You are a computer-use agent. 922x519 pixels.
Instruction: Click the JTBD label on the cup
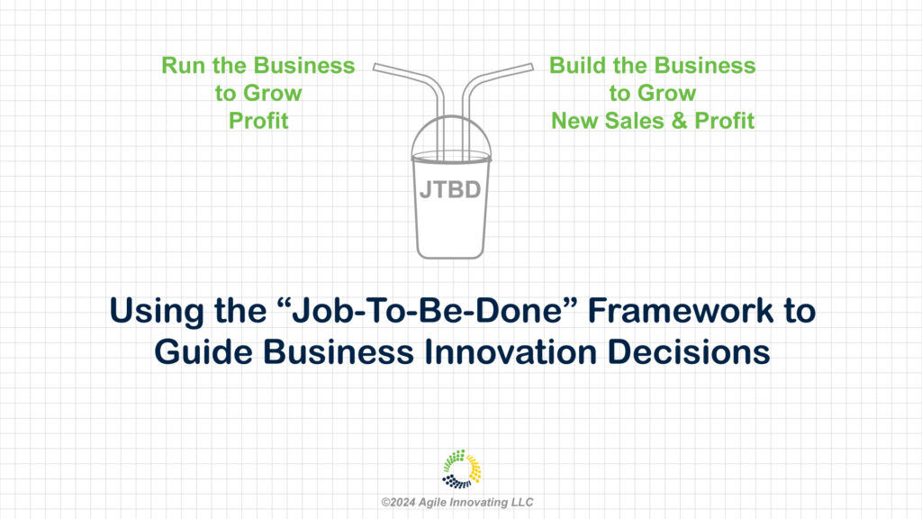[x=450, y=190]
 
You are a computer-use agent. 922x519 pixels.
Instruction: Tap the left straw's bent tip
[x=375, y=67]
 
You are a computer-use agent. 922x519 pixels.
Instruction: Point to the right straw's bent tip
[x=531, y=67]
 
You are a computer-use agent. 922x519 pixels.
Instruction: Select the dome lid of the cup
[x=451, y=137]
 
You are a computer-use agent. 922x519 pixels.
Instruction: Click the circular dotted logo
[x=462, y=469]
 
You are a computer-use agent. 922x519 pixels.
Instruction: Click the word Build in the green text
[x=577, y=65]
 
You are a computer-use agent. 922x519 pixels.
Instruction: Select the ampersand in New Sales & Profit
[x=679, y=121]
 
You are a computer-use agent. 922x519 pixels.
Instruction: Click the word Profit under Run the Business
[x=258, y=121]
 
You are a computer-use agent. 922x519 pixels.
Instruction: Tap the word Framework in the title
[x=681, y=310]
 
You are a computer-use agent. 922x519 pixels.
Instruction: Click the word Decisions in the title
[x=689, y=352]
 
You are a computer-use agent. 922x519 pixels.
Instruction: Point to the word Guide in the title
[x=203, y=352]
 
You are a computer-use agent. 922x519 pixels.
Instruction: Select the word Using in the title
[x=157, y=311]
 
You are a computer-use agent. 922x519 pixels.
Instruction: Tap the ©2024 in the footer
[x=398, y=503]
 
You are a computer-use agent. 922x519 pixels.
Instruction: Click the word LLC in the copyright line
[x=522, y=503]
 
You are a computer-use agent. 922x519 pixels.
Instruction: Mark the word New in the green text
[x=574, y=121]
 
